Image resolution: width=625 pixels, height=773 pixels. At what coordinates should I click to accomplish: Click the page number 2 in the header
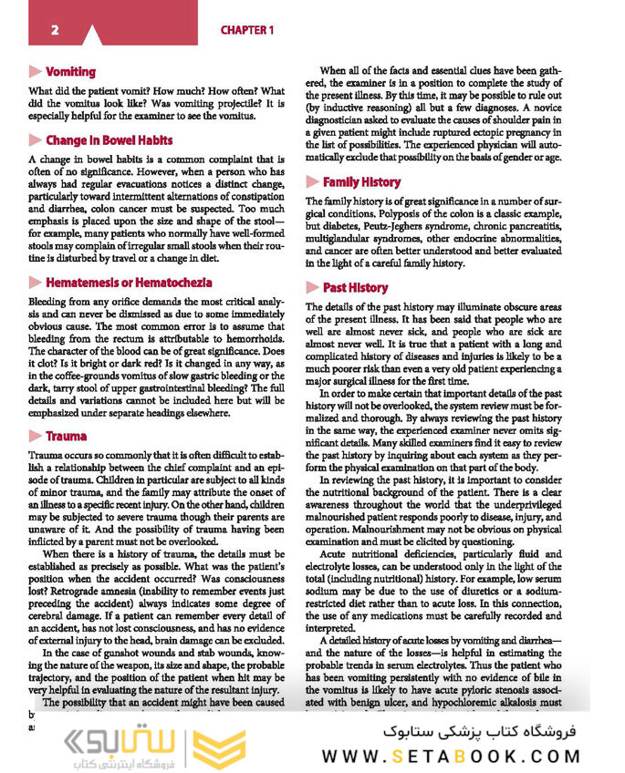pyautogui.click(x=55, y=30)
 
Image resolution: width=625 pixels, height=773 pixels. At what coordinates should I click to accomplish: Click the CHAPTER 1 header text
pyautogui.click(x=247, y=30)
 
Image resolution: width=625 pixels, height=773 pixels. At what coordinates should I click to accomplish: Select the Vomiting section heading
pyautogui.click(x=70, y=72)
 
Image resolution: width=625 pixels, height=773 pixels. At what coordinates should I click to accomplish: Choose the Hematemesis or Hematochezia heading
pyautogui.click(x=129, y=283)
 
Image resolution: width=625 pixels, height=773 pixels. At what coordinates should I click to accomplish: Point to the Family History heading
pyautogui.click(x=361, y=182)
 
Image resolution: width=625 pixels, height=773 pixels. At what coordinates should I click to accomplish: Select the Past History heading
pyautogui.click(x=355, y=287)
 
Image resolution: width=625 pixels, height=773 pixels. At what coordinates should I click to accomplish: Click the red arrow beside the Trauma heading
pyautogui.click(x=36, y=436)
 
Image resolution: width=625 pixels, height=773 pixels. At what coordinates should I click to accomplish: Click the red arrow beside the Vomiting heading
pyautogui.click(x=36, y=72)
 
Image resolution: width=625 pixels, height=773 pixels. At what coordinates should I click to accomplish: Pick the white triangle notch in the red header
pyautogui.click(x=91, y=36)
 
